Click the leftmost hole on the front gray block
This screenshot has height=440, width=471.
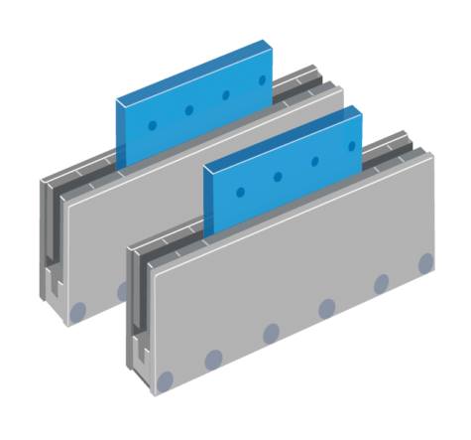pos(166,378)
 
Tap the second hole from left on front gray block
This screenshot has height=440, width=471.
pos(213,358)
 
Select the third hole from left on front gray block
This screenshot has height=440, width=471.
pos(270,332)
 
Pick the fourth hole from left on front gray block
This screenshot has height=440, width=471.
pos(327,308)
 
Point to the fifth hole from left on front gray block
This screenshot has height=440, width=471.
pos(380,284)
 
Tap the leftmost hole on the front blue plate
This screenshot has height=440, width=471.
pos(239,192)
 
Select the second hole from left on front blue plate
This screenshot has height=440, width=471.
pos(279,177)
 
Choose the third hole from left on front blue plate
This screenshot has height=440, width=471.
pos(316,161)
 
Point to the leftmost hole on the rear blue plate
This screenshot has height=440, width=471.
pos(152,125)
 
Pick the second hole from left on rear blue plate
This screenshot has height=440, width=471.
pos(190,110)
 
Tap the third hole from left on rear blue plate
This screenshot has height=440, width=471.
pos(228,95)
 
